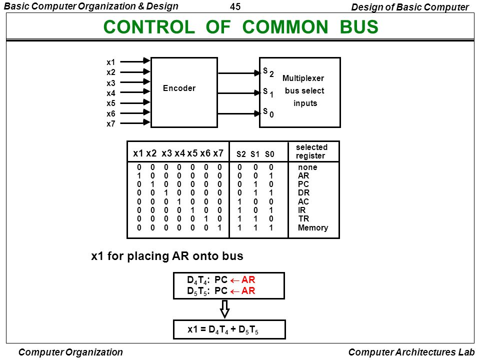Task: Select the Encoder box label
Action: click(x=179, y=88)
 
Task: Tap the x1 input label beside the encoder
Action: click(x=111, y=62)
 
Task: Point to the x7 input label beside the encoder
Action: click(x=111, y=124)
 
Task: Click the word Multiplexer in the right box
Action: click(x=303, y=78)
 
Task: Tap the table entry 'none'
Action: click(x=307, y=167)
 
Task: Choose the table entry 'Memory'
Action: click(x=313, y=228)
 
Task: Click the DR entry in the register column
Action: click(x=303, y=193)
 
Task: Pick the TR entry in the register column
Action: click(x=303, y=219)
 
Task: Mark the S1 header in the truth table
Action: click(x=254, y=154)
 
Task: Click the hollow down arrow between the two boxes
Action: click(x=225, y=308)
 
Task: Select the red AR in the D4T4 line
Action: click(x=248, y=280)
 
